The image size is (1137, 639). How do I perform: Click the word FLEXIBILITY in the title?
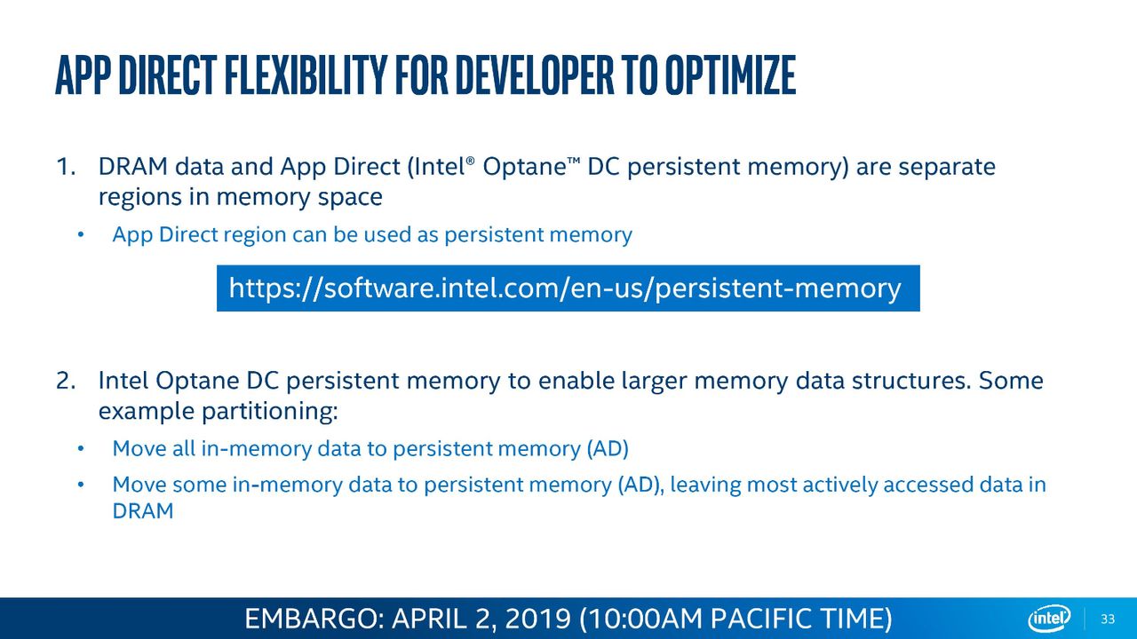[305, 75]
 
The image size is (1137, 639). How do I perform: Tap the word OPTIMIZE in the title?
[730, 75]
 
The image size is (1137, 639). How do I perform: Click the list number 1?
[66, 166]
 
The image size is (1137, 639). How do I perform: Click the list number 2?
[66, 381]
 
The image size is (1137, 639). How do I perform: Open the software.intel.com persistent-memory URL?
[565, 288]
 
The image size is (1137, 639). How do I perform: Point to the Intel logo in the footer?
[1050, 619]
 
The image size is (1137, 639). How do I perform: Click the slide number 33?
[1108, 619]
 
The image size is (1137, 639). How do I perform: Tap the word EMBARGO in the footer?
[311, 619]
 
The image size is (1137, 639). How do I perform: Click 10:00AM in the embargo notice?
[644, 619]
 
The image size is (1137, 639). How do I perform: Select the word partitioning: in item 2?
[269, 411]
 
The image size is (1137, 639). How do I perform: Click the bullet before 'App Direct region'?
[80, 235]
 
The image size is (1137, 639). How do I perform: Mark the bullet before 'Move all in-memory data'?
[80, 449]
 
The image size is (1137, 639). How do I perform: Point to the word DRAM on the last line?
[143, 510]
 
